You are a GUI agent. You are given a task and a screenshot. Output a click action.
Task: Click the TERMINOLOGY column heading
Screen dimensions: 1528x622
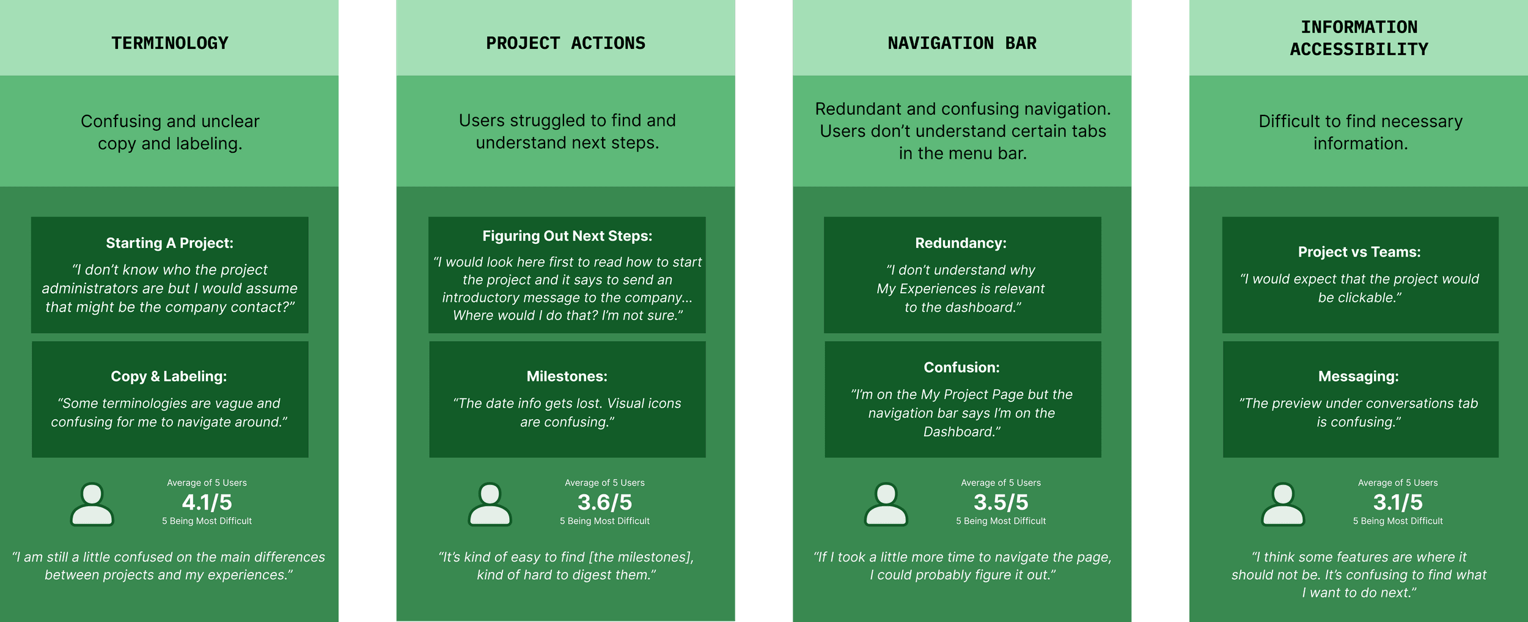click(x=169, y=43)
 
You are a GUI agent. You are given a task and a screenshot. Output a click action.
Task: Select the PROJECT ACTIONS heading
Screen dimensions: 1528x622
click(x=565, y=43)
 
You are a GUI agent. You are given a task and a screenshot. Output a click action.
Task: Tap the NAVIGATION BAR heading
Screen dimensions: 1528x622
click(x=962, y=43)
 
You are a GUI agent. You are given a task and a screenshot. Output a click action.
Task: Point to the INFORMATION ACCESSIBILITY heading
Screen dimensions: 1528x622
click(x=1359, y=38)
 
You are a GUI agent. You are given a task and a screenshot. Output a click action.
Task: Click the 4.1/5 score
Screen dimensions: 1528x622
click(x=207, y=502)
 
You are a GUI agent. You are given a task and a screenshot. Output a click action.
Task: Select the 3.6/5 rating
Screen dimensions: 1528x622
click(x=604, y=502)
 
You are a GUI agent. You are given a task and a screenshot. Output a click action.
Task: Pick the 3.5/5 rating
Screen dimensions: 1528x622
click(x=1001, y=502)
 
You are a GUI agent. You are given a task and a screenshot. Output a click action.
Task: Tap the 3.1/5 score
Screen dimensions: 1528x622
click(x=1397, y=502)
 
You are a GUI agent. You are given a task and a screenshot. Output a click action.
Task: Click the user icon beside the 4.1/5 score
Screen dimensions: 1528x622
click(x=92, y=504)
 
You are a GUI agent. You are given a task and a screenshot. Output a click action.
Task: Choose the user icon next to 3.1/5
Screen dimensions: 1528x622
click(x=1283, y=504)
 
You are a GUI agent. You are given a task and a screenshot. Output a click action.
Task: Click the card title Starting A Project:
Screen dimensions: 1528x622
click(x=169, y=243)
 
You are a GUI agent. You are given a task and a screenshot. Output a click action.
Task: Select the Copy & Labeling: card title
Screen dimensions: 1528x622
click(x=169, y=376)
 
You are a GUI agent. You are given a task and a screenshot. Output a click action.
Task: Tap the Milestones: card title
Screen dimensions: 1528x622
click(x=567, y=376)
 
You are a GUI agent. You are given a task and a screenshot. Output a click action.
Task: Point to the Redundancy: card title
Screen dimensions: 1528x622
click(x=960, y=243)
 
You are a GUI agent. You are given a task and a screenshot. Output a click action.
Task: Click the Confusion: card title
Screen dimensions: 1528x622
click(x=961, y=367)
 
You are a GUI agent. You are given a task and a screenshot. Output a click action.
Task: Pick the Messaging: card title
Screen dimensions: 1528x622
click(x=1358, y=376)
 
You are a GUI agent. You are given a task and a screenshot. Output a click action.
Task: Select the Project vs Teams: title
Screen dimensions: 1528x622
click(x=1359, y=252)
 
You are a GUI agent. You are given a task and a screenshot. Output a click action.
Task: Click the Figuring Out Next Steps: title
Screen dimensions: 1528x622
click(x=567, y=236)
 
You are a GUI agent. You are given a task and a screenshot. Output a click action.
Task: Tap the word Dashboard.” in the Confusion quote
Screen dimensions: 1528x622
click(x=961, y=432)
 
